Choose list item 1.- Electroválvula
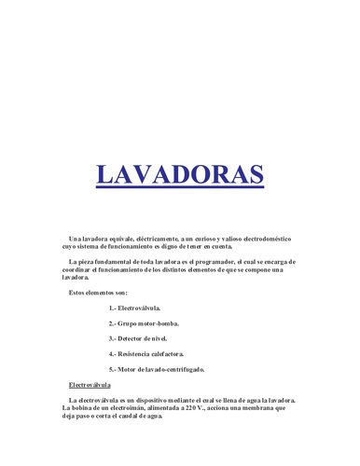tap(135, 308)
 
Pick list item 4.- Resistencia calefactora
tap(146, 354)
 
